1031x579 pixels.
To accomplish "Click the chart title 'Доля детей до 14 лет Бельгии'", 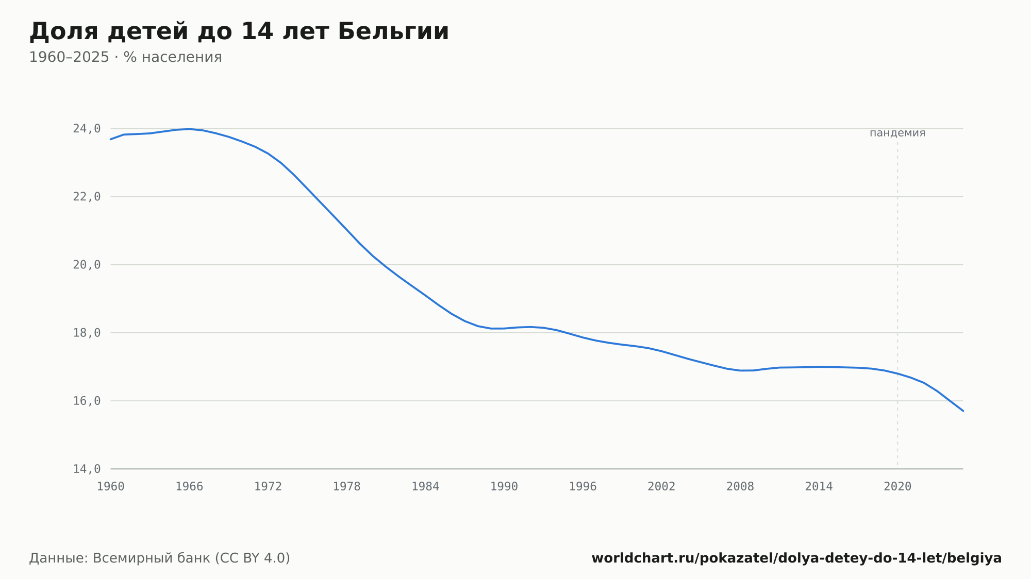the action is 239,32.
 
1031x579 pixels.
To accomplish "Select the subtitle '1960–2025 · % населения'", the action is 125,57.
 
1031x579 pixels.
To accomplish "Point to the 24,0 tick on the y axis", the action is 87,129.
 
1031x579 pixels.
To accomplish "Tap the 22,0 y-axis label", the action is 87,197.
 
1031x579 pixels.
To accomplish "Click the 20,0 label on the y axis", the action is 87,265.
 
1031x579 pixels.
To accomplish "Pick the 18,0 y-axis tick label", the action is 87,333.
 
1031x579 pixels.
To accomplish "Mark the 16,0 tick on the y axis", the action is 87,401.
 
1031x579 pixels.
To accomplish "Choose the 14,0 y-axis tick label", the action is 87,469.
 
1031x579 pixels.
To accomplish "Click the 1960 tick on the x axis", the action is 111,487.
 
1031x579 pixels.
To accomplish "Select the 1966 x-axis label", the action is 189,487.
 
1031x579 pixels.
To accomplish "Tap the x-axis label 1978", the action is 347,487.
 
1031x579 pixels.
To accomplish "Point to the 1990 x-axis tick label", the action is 504,487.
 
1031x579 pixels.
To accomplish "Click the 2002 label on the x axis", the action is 661,487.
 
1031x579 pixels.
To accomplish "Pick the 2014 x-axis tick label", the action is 819,487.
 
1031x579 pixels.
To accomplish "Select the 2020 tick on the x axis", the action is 897,487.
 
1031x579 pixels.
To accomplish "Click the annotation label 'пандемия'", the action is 897,133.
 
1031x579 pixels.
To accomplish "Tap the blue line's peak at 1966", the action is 189,129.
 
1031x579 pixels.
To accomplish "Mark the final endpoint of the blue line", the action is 963,411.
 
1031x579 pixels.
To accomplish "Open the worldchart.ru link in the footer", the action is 796,558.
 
